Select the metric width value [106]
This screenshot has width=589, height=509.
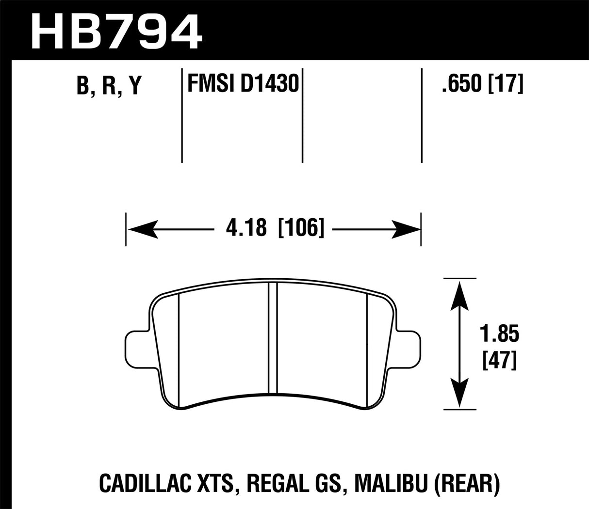[x=301, y=227]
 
